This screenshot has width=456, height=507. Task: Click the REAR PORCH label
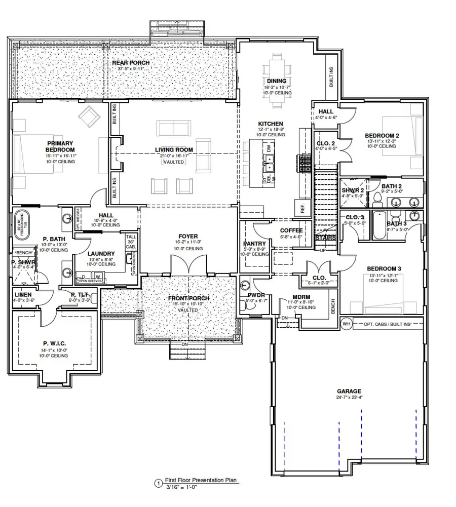pos(128,62)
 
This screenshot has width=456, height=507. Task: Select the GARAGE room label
pos(349,391)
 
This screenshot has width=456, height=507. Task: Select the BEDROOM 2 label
pos(382,135)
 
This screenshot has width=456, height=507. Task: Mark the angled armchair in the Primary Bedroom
pos(90,117)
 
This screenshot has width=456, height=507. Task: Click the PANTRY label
pos(254,242)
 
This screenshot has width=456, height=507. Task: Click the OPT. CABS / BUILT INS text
pos(387,324)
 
